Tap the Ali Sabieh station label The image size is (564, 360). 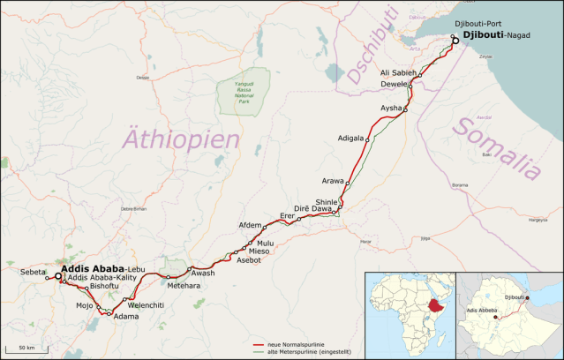pyautogui.click(x=397, y=71)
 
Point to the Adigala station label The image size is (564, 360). pyautogui.click(x=350, y=139)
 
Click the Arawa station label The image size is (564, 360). pyautogui.click(x=332, y=181)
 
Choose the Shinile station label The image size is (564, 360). pyautogui.click(x=320, y=202)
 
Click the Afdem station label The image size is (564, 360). pyautogui.click(x=251, y=225)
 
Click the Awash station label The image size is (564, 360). pyautogui.click(x=203, y=274)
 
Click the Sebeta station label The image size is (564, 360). pyautogui.click(x=32, y=274)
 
